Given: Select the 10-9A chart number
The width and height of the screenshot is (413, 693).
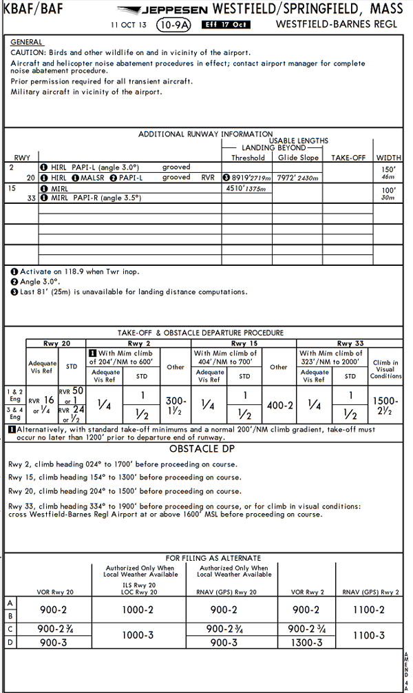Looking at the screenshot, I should (x=173, y=25).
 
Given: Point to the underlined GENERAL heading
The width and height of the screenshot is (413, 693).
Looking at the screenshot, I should (x=27, y=43).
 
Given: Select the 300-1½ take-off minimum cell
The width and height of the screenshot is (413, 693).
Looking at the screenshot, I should (x=176, y=405).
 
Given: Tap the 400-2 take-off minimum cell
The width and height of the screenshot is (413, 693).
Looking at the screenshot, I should (x=279, y=406).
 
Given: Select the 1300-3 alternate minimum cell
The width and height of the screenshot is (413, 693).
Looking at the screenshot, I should (x=306, y=642).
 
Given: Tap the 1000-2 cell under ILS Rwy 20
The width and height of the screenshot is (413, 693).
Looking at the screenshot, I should (x=138, y=610).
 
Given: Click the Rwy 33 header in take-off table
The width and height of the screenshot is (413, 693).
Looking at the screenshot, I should (x=350, y=343).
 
